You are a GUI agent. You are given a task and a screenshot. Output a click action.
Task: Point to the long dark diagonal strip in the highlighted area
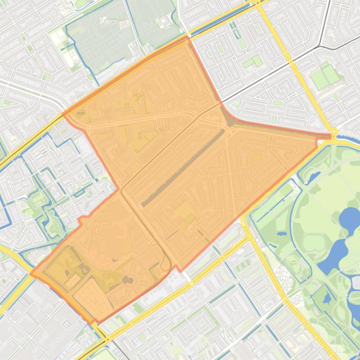[x=183, y=168]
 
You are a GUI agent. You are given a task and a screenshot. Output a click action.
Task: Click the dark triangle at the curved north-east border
[x=230, y=122]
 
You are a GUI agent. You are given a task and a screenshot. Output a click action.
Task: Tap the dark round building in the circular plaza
[x=127, y=280]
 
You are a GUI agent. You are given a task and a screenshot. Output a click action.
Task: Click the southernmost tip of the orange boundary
[x=93, y=323]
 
